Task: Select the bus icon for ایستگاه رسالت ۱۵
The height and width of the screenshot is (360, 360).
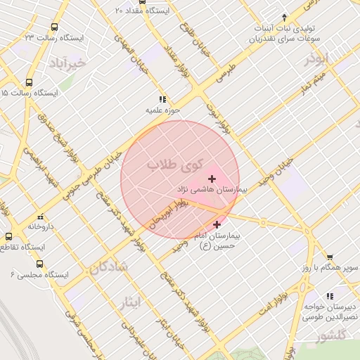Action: tap(29, 82)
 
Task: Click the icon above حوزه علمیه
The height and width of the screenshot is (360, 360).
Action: tap(163, 100)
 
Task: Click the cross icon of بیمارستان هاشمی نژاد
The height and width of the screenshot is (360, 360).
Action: tap(212, 179)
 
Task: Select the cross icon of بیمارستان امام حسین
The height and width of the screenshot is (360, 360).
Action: tap(217, 224)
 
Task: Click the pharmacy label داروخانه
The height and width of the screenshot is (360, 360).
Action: tap(41, 227)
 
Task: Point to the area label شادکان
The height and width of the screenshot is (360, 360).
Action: tap(108, 266)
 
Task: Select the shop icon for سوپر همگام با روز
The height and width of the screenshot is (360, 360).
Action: tap(330, 257)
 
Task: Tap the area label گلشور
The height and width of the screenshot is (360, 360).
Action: tap(331, 337)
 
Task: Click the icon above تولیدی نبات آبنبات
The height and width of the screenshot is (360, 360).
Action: tap(284, 17)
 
